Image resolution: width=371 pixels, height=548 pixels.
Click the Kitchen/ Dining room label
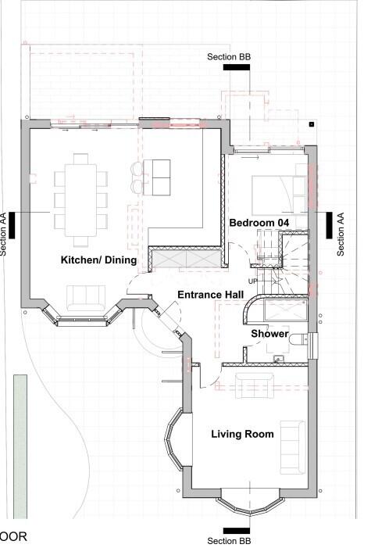tap(98, 260)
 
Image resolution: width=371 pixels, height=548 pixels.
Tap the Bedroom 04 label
tap(259, 223)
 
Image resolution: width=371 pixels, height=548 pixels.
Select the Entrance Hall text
tap(211, 295)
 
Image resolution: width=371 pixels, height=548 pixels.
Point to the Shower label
tap(269, 334)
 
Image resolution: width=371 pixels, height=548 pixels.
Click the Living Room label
tap(242, 434)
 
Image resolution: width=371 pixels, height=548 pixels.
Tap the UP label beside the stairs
tap(253, 281)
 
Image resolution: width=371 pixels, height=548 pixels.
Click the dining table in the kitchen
tap(80, 200)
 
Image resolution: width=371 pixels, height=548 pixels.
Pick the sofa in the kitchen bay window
tap(86, 298)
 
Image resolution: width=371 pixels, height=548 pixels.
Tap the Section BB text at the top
tap(229, 57)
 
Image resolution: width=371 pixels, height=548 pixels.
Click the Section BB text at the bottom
tap(229, 541)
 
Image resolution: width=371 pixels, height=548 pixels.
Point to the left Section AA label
tap(3, 235)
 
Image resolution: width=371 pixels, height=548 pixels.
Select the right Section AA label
tap(341, 235)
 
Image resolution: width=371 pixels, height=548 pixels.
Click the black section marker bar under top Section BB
tap(237, 67)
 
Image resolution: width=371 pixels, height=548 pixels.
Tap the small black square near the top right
tap(312, 124)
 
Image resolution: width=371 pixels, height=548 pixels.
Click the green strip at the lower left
tap(20, 446)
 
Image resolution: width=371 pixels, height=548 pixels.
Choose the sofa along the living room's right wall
tap(293, 447)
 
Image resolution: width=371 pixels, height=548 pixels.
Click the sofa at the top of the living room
tap(255, 385)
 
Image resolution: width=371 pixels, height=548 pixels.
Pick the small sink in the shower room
tap(278, 359)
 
